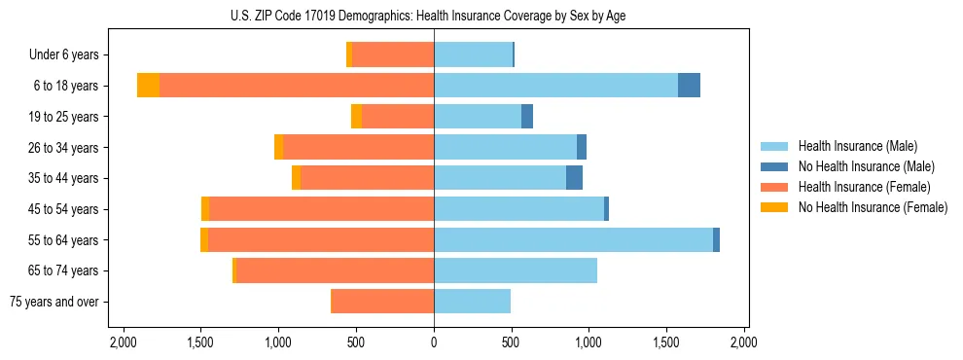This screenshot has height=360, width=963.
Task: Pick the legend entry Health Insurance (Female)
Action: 864,187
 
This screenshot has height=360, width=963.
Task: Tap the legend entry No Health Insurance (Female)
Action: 873,207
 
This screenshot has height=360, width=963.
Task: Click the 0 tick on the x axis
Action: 434,342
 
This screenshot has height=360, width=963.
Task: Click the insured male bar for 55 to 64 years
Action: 573,239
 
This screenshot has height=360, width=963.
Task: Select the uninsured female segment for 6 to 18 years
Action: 148,86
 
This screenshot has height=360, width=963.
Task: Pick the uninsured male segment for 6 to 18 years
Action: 689,86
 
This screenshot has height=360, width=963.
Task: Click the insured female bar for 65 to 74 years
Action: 335,270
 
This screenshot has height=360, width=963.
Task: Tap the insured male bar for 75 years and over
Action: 472,302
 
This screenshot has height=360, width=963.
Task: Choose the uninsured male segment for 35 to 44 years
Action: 574,178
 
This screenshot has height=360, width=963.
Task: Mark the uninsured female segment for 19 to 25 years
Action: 356,117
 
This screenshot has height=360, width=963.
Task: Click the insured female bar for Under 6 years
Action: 393,55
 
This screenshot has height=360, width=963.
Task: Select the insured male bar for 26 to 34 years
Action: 505,147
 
